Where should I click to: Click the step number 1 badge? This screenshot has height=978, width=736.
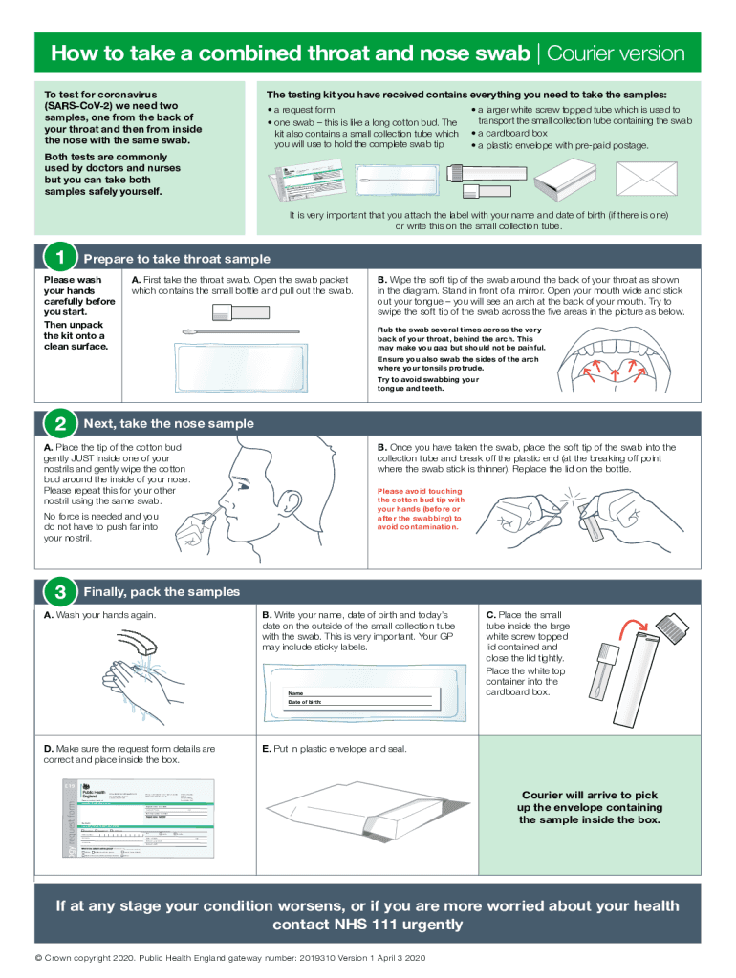(x=59, y=258)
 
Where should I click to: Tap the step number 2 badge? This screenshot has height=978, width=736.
(x=59, y=423)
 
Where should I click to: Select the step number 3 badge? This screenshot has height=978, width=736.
(x=59, y=592)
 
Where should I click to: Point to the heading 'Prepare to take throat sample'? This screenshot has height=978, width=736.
(x=177, y=259)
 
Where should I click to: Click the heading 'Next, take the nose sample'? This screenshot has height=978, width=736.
(x=169, y=423)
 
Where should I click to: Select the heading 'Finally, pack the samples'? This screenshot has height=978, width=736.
(x=162, y=592)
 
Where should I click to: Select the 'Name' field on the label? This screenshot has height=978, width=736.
(x=295, y=693)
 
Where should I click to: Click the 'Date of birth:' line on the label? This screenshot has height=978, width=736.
(x=305, y=703)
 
